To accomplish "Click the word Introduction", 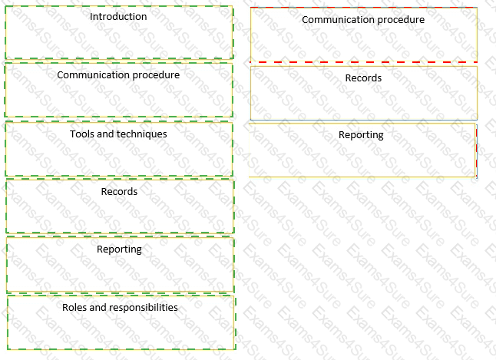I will tap(118, 17).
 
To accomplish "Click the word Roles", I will tap(74, 308).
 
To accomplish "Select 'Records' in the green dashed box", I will tap(119, 191).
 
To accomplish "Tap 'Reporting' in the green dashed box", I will tap(119, 249).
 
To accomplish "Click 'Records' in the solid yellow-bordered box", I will tap(363, 78).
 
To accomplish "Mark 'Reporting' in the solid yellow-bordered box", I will tap(361, 135).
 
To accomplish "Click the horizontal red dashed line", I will tap(363, 62).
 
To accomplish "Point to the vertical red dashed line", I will tap(477, 150).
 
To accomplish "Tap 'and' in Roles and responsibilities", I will tap(98, 308).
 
